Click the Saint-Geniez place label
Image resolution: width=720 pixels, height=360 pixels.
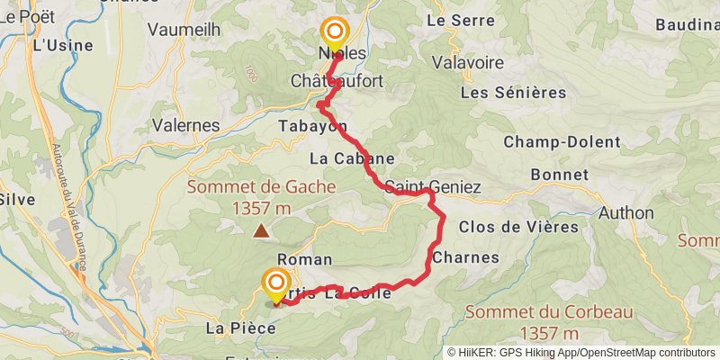click(433, 187)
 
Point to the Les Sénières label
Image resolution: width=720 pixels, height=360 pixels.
click(513, 93)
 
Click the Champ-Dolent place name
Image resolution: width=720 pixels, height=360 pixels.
click(562, 142)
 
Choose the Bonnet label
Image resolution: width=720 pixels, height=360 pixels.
click(560, 174)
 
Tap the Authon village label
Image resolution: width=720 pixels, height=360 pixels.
click(626, 213)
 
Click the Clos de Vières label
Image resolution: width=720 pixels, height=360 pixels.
click(518, 227)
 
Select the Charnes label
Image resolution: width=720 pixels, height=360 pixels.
click(465, 257)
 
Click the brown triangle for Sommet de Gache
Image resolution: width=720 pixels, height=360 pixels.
click(261, 231)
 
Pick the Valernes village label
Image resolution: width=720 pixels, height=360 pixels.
click(186, 125)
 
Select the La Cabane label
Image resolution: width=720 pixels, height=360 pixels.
click(352, 158)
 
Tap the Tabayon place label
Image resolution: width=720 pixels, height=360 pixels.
click(312, 126)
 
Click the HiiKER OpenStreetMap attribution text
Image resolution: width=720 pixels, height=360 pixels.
click(581, 353)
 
